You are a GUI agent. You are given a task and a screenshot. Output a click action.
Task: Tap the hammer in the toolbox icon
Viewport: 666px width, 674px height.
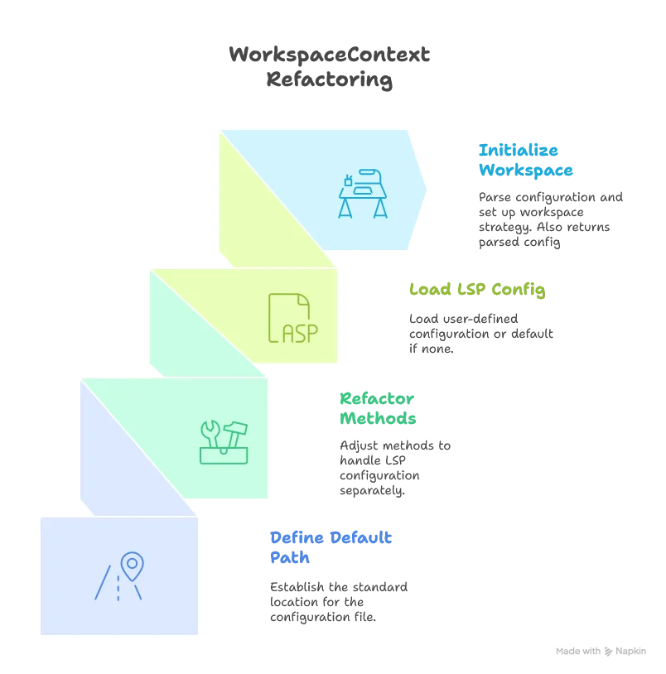[235, 431]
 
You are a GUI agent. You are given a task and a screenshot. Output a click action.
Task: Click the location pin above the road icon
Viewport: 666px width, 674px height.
[132, 566]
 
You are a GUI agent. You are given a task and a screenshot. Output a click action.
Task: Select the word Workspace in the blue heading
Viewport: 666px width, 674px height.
[526, 171]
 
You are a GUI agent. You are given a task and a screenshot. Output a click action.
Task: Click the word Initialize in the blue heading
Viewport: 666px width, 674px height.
[520, 151]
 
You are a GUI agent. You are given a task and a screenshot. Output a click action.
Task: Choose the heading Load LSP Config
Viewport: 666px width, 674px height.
[477, 290]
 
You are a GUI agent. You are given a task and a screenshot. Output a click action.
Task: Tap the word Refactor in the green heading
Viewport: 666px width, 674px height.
[377, 399]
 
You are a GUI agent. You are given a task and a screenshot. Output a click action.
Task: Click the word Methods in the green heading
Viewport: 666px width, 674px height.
[377, 419]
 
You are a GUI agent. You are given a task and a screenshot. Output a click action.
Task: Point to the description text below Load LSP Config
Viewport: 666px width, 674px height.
[480, 335]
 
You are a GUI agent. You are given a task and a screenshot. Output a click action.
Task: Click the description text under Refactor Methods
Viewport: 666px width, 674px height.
[393, 468]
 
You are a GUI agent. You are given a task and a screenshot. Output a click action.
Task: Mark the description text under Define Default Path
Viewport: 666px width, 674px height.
[337, 600]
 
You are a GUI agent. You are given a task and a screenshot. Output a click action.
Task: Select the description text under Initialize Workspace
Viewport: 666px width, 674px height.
[549, 219]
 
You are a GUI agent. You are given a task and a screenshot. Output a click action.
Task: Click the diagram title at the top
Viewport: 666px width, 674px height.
[330, 69]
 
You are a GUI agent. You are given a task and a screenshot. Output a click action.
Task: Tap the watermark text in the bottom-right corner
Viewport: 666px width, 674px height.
[602, 650]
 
